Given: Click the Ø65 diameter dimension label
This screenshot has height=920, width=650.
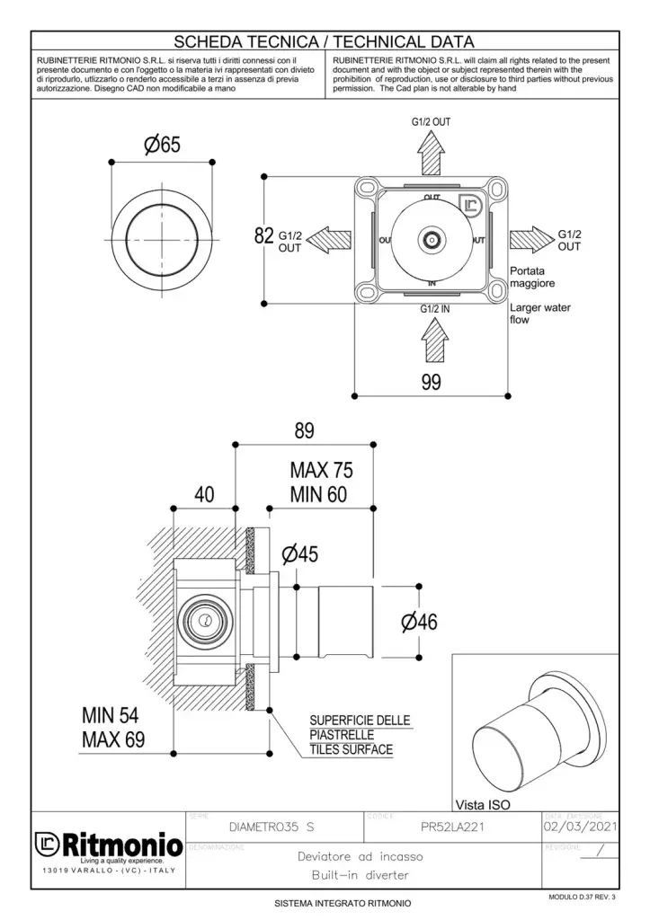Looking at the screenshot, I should click(x=163, y=146).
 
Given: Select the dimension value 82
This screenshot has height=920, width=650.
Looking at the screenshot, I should click(x=264, y=237).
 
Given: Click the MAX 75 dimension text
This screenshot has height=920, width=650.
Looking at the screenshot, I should click(x=321, y=470).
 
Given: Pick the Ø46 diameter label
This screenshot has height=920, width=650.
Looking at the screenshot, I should click(x=415, y=621).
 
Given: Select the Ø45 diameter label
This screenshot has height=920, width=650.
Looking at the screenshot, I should click(x=298, y=554).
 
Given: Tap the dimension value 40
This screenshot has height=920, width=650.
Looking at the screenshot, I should click(x=204, y=493).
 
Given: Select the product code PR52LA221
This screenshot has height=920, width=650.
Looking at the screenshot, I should click(x=452, y=827).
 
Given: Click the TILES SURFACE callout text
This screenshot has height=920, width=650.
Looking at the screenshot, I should click(x=351, y=749).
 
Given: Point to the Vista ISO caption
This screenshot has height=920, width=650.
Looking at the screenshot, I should click(x=485, y=804).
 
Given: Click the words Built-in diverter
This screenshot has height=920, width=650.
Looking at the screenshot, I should click(x=360, y=874).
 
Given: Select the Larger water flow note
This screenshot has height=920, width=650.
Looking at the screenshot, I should click(x=539, y=313).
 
